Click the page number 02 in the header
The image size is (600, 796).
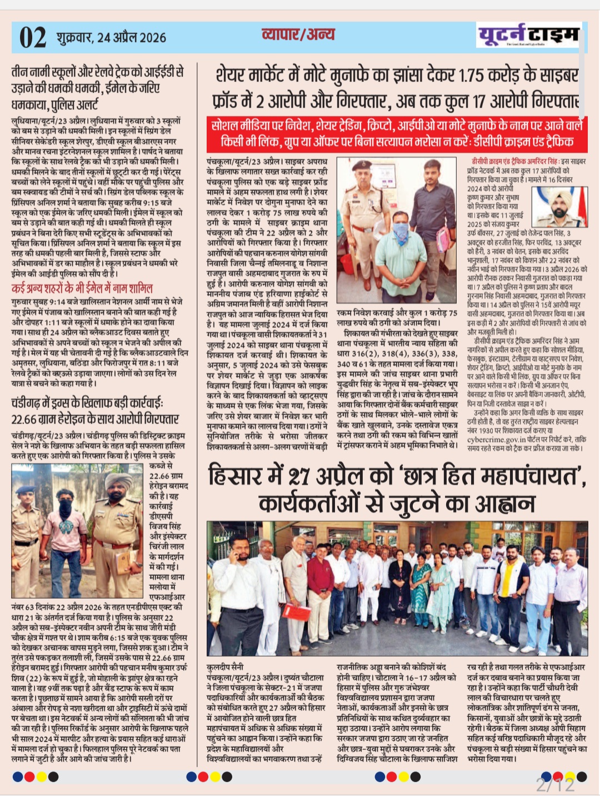coord(33,37)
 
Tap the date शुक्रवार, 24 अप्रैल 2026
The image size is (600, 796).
coord(111,38)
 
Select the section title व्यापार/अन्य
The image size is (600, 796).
coord(298,34)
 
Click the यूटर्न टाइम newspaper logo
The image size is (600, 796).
coord(528,35)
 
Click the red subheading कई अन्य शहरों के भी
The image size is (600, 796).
coord(82,288)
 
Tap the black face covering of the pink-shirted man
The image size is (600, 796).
coord(66,508)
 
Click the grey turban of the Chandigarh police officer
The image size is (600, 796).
coord(119,481)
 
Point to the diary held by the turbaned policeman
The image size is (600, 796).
coord(123,562)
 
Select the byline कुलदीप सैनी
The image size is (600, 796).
coord(225,666)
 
